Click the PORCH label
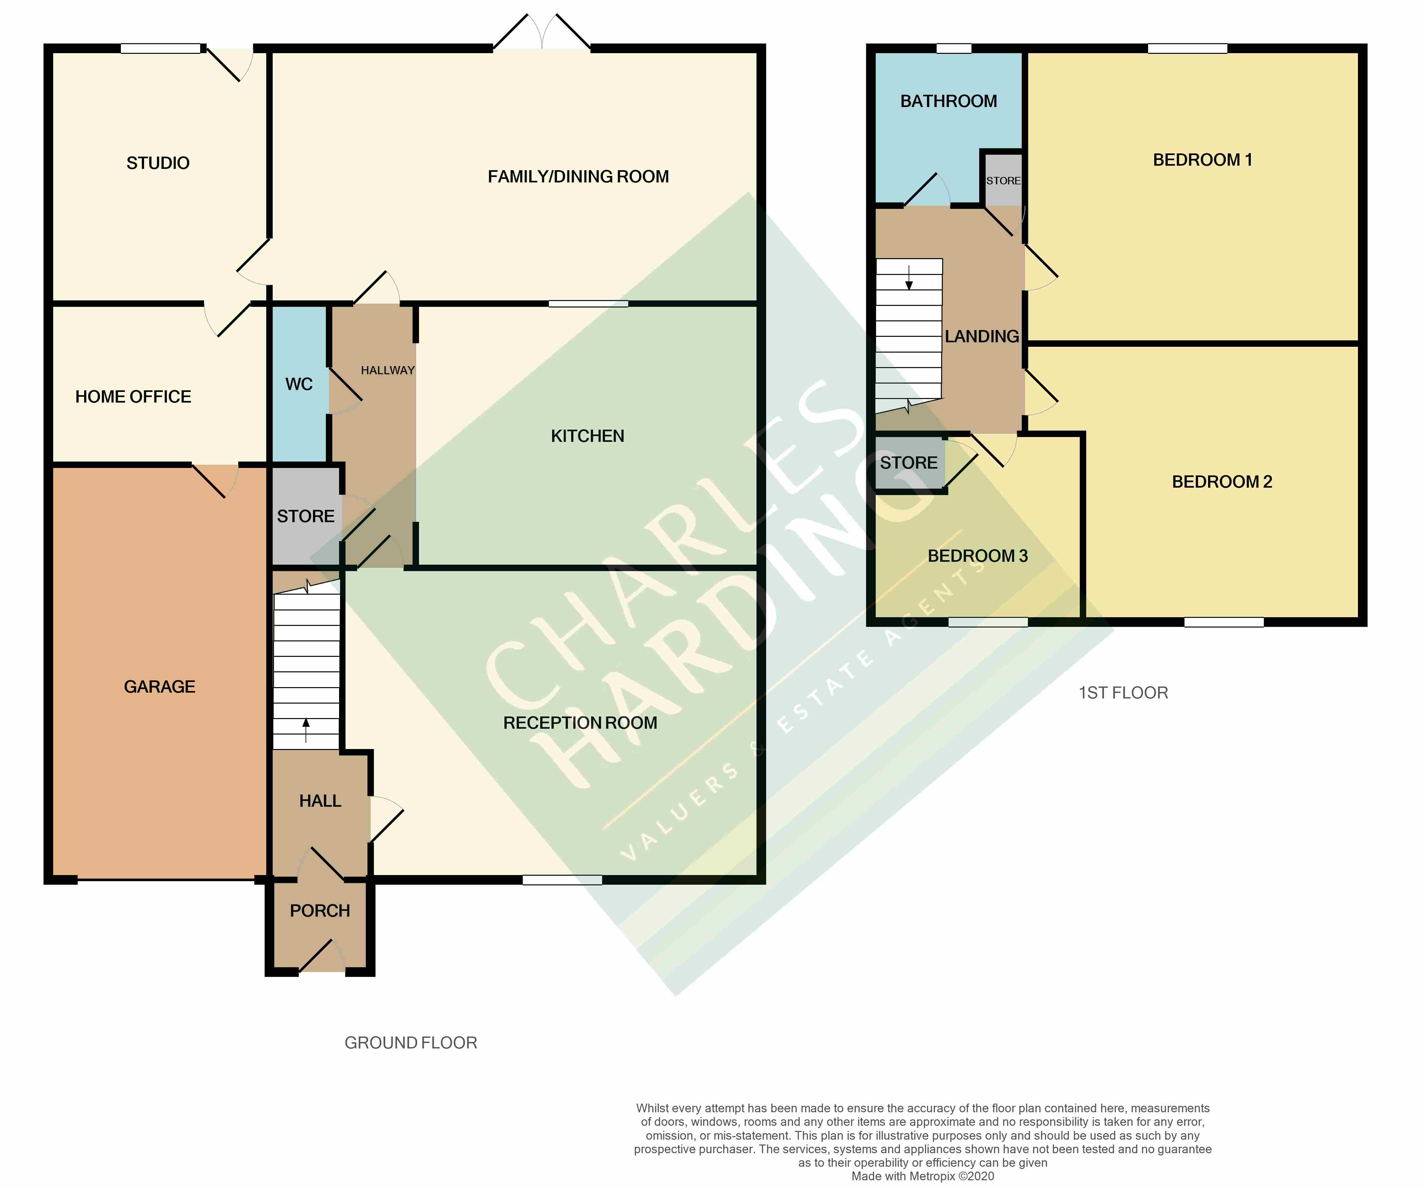(320, 911)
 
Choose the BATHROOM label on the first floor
(949, 101)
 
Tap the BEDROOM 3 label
(978, 556)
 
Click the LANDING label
(982, 336)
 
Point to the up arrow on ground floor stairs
(306, 730)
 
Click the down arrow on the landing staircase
(909, 277)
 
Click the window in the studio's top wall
(161, 48)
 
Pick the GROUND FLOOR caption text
(411, 1043)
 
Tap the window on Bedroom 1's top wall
(1187, 48)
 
